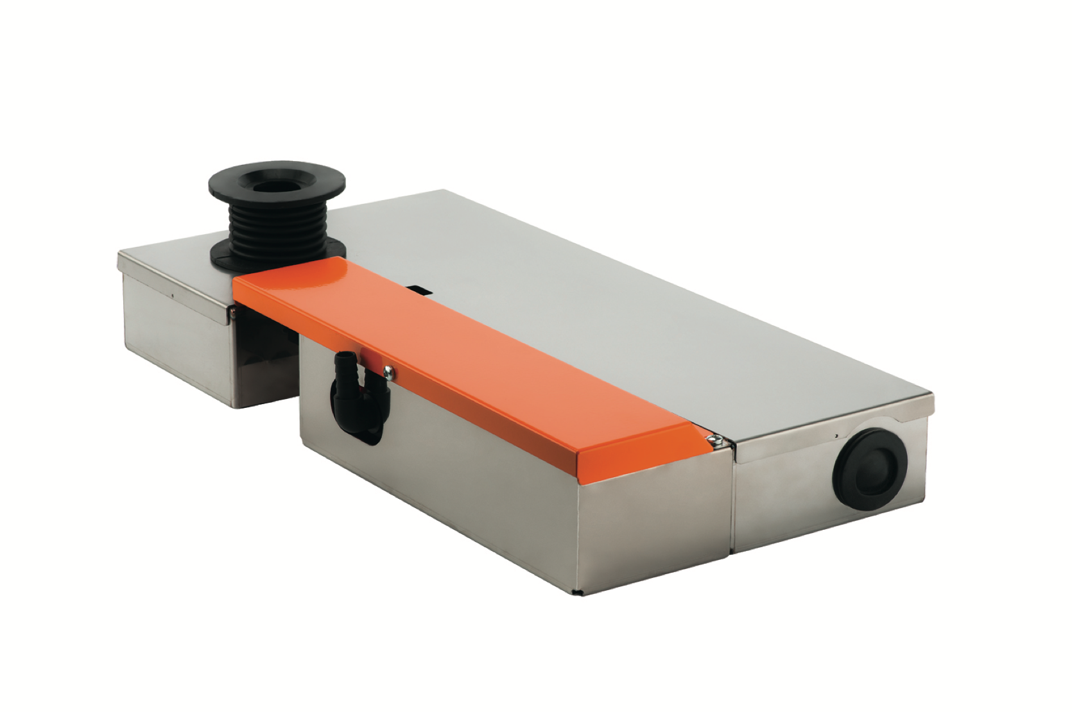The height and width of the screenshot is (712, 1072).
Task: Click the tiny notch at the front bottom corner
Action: (x=577, y=591)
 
